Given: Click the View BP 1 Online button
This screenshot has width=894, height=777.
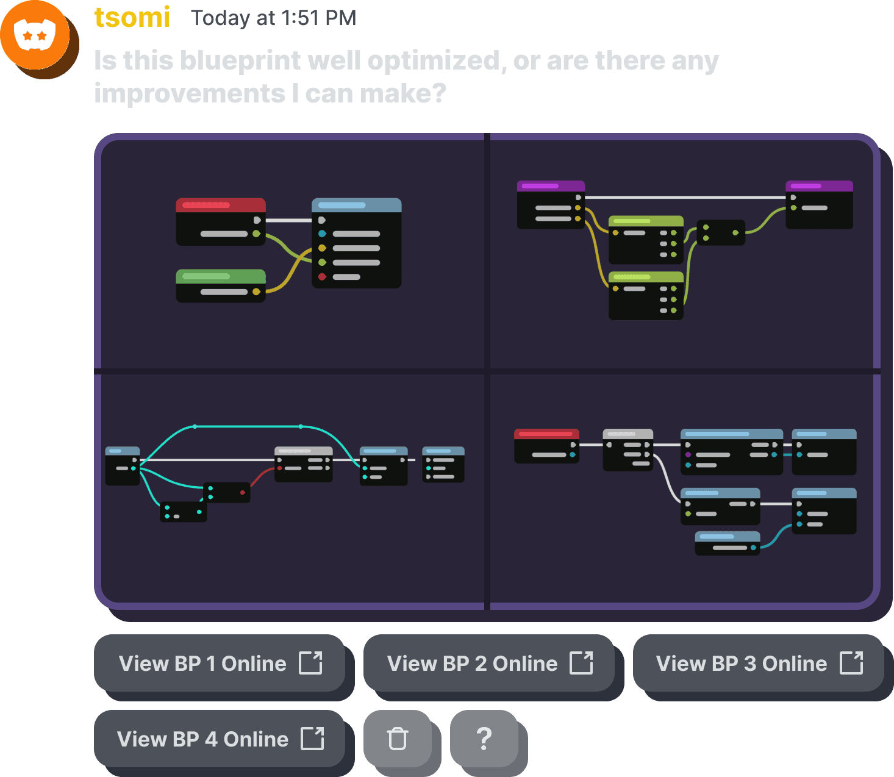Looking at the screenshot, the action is (220, 663).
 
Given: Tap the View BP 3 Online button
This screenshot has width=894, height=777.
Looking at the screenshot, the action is (759, 663).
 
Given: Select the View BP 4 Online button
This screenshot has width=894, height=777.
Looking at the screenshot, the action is (220, 739).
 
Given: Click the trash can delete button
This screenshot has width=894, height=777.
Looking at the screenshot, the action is (398, 739).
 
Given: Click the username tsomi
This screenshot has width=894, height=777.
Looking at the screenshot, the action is (132, 17).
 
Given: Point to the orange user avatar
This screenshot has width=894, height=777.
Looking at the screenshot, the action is (35, 35).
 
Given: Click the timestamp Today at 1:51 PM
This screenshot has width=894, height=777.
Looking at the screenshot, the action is (273, 18).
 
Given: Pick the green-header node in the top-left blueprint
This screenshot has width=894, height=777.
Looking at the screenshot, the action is (221, 285).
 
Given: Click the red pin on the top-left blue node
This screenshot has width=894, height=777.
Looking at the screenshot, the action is (322, 277).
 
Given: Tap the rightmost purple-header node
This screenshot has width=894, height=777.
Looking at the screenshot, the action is (819, 204).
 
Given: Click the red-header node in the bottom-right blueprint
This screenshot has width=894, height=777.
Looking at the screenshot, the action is (546, 446).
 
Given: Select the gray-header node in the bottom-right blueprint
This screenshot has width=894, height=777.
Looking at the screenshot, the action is (628, 449).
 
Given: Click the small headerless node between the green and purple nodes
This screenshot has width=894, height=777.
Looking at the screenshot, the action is (720, 232).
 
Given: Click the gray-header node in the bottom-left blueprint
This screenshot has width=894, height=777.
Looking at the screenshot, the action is (303, 464).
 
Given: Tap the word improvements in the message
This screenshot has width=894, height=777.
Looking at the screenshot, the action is (190, 93).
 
